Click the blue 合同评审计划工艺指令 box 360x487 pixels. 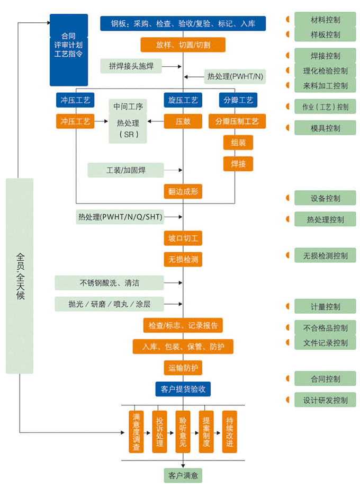(x=68, y=50)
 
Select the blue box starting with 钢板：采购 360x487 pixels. (x=183, y=23)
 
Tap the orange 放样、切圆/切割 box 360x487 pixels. (x=183, y=45)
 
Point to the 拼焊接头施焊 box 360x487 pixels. (x=131, y=66)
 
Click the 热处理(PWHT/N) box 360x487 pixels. (x=235, y=77)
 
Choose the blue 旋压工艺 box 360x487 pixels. (x=183, y=100)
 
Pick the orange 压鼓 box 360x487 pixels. (x=183, y=121)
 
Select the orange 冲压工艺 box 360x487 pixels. (x=75, y=121)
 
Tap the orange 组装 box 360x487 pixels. (x=238, y=143)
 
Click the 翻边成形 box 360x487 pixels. (x=183, y=191)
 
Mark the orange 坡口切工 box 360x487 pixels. (x=183, y=238)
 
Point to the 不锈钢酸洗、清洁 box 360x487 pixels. (x=109, y=282)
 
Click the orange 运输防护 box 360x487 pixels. (x=183, y=368)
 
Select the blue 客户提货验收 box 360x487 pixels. (x=183, y=389)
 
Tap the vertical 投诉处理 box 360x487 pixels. (x=159, y=431)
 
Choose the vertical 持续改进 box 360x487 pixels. (x=229, y=431)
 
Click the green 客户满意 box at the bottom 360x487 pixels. (x=183, y=475)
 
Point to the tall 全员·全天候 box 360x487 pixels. (x=20, y=276)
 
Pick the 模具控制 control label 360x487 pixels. (x=325, y=128)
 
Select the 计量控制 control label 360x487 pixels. (x=325, y=306)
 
